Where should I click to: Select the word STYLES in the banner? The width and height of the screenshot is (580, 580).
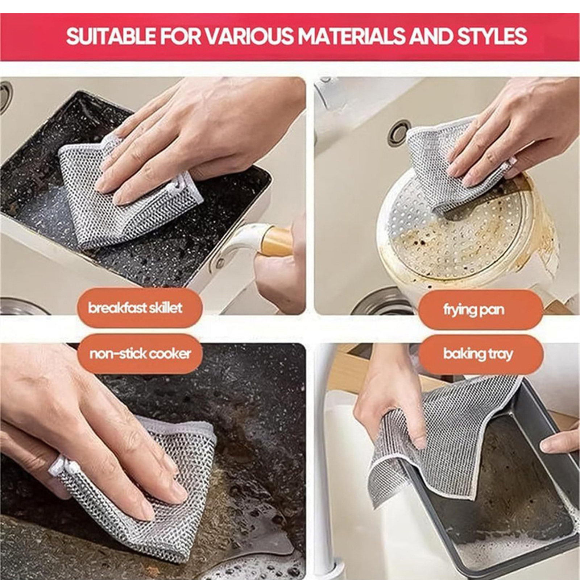492,36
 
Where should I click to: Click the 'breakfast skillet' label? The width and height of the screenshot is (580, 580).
135,308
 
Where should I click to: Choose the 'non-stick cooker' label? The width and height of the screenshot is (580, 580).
140,353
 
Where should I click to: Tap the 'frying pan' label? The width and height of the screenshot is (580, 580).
473,310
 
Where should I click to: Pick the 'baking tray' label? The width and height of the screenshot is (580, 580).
478,354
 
